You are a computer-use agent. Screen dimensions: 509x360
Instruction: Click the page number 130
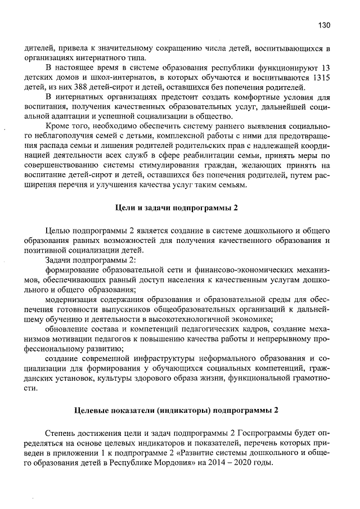(323, 25)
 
